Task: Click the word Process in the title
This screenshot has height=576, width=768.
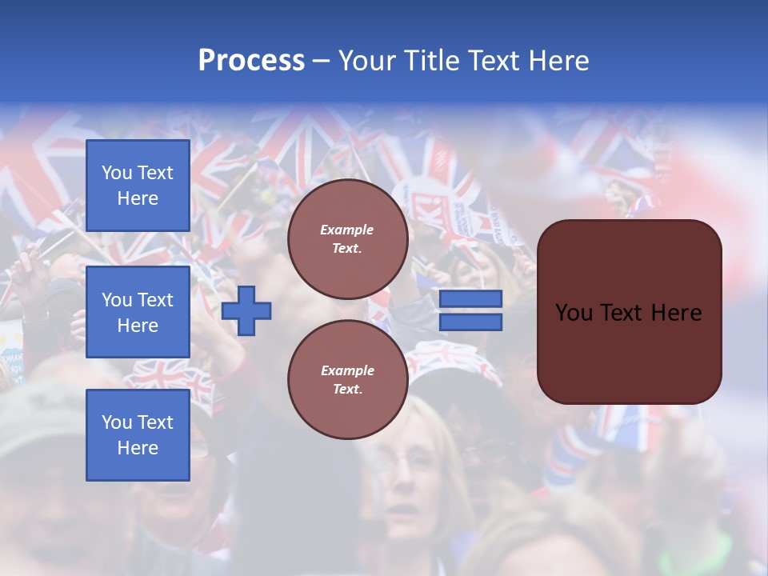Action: click(251, 60)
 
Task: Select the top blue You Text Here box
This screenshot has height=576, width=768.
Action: click(138, 186)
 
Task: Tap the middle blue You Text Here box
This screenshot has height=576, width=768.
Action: click(138, 312)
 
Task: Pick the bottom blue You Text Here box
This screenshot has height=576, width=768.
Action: click(138, 435)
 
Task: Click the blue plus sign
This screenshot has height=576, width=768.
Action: click(246, 311)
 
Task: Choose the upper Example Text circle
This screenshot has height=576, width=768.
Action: click(347, 239)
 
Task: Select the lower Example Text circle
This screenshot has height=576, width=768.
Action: click(347, 380)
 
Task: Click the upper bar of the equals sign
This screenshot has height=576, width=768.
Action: click(470, 299)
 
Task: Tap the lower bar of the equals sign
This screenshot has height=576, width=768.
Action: click(470, 322)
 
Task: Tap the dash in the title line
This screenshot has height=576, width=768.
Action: click(321, 62)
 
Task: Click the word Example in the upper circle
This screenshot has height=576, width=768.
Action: click(347, 230)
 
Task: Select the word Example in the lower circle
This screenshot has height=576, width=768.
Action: click(347, 370)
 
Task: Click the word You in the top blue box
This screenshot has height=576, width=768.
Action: click(117, 173)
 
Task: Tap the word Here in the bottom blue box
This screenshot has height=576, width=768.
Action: click(138, 448)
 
